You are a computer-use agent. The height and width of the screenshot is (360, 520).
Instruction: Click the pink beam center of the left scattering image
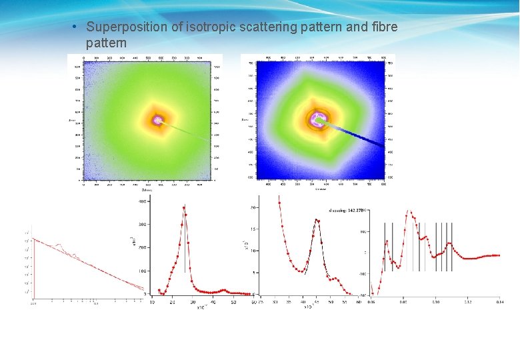[x=158, y=121]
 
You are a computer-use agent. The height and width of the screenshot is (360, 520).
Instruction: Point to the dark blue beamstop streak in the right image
[x=360, y=135]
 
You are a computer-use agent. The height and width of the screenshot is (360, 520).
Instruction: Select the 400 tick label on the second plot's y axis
[x=142, y=200]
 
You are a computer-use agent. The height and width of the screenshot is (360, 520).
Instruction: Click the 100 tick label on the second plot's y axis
[x=142, y=271]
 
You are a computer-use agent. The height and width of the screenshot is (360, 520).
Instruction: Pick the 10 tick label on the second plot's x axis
[x=153, y=302]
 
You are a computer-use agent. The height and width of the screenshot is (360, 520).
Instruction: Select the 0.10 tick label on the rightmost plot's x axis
[x=435, y=302]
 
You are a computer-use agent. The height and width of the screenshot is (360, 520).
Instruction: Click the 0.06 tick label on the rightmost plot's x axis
[x=371, y=302]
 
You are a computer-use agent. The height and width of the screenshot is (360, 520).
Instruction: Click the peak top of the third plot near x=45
[x=317, y=220]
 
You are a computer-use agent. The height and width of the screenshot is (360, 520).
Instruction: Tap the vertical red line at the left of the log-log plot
[x=34, y=267]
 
